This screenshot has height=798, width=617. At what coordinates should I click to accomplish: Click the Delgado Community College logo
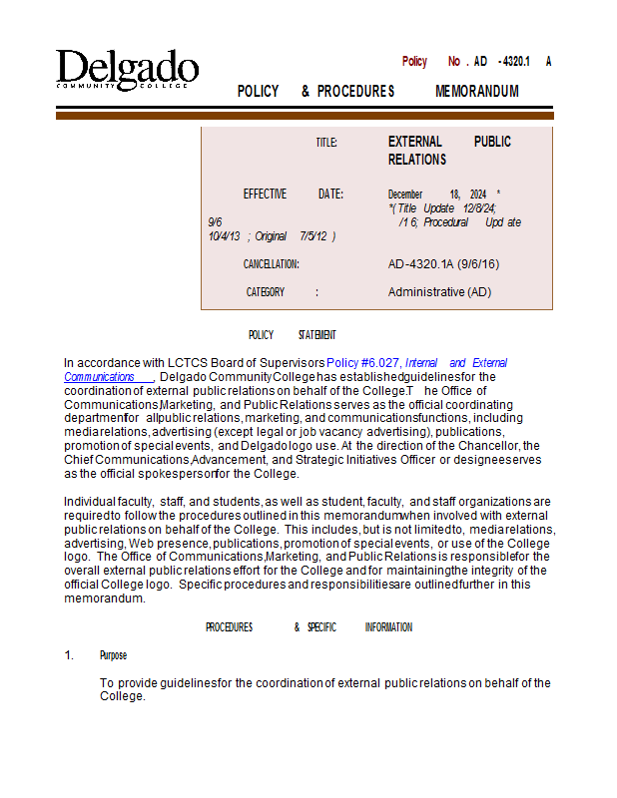pos(127,70)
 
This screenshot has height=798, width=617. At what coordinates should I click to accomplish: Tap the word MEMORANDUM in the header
pos(477,92)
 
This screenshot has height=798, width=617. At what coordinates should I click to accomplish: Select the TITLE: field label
pos(326,143)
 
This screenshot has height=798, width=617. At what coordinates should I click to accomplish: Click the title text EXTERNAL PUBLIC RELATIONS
pos(449,151)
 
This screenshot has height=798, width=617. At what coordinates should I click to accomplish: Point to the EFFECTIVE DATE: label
pos(294,195)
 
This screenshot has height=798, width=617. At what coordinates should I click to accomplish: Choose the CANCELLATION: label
pos(271,264)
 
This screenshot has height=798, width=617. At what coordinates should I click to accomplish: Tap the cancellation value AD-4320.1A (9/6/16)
pos(443,264)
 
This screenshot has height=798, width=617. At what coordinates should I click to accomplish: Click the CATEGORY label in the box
pos(266,292)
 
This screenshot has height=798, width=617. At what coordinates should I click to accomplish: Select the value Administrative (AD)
pos(439,292)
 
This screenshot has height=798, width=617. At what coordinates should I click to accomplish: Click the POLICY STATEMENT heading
pos(292,335)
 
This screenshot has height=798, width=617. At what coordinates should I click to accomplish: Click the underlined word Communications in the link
pos(99,377)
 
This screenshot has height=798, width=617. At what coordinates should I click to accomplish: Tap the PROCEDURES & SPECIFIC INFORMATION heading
pos(308,627)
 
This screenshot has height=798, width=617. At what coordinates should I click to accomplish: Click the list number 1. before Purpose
pos(70,655)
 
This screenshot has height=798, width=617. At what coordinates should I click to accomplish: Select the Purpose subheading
pos(113,655)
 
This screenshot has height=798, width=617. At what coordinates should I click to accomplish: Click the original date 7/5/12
pos(314,236)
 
